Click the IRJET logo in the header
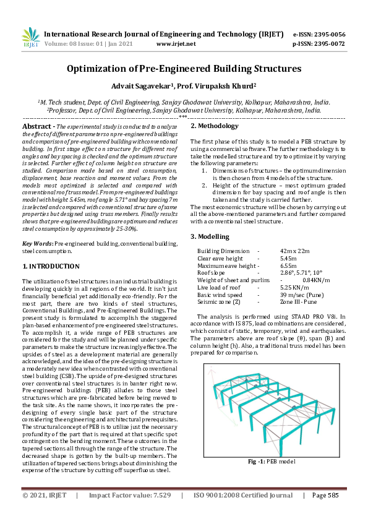(30, 38)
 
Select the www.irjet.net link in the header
(176, 44)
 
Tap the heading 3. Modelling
(210, 236)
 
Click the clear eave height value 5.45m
(288, 257)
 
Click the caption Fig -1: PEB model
(272, 462)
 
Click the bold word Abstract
(40, 126)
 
